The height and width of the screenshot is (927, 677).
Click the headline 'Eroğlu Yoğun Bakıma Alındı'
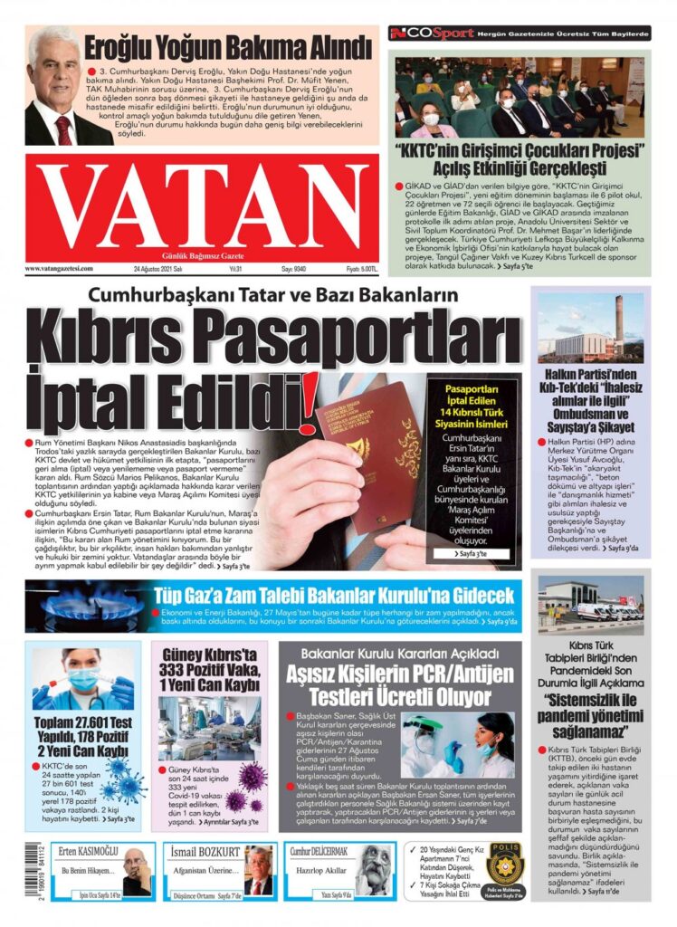(x=227, y=45)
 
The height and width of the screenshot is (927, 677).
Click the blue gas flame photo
(x=80, y=606)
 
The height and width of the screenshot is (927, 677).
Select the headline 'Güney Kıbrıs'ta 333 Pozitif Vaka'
(x=209, y=669)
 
